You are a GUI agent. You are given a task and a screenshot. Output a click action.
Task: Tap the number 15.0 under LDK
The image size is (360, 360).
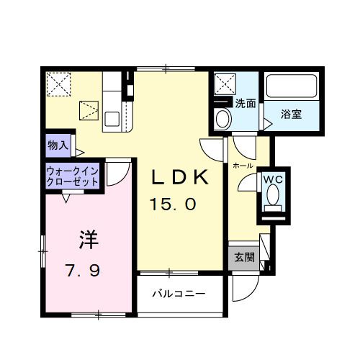pyautogui.click(x=173, y=204)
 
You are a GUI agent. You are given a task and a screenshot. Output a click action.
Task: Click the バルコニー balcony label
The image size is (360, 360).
pyautogui.click(x=179, y=294)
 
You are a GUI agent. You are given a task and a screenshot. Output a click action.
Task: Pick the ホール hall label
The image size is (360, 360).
pyautogui.click(x=242, y=166)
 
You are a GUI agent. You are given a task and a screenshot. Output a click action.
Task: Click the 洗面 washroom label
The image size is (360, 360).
pyautogui.click(x=246, y=103)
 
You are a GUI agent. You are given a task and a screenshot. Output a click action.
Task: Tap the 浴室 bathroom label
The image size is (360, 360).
pyautogui.click(x=292, y=113)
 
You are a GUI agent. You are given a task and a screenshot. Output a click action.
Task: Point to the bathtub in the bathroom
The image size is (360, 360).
pyautogui.click(x=292, y=86)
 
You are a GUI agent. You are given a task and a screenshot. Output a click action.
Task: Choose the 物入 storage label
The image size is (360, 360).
pyautogui.click(x=58, y=145)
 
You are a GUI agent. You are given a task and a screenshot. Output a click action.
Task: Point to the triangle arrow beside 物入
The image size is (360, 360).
pyautogui.click(x=80, y=152)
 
